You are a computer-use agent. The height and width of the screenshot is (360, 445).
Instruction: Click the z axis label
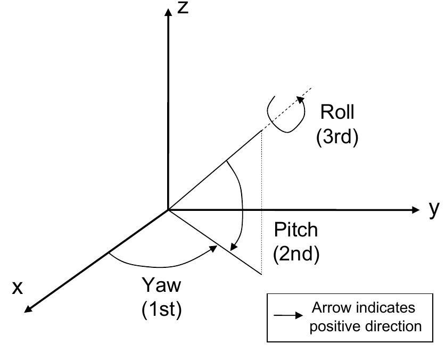(184, 8)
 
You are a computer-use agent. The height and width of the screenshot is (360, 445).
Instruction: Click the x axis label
(18, 288)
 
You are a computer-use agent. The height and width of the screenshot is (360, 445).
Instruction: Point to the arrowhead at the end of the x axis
(28, 309)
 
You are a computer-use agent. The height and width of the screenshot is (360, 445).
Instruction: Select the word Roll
(337, 112)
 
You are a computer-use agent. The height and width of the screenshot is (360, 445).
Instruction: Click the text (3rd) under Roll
(337, 137)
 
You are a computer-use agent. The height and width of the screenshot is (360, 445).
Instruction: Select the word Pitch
(295, 230)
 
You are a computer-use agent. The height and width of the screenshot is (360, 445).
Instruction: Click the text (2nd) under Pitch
(296, 254)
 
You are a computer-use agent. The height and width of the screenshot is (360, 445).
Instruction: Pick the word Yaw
(161, 285)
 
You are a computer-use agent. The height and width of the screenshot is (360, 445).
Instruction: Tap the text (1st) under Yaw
(162, 309)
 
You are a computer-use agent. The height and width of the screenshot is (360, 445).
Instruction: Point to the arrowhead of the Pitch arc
(234, 247)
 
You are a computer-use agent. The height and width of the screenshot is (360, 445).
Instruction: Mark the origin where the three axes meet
(169, 210)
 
